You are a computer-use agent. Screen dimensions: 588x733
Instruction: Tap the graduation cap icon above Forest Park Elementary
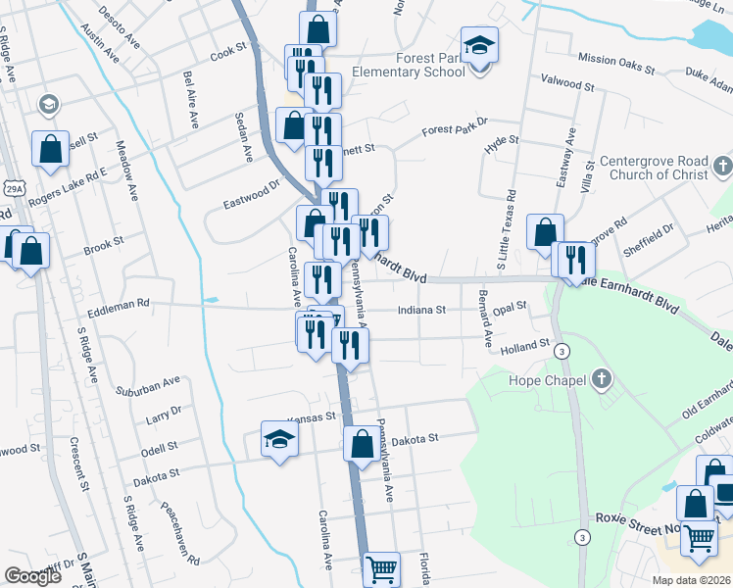coord(480,46)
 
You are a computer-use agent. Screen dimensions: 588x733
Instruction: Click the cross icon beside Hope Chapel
coord(602,379)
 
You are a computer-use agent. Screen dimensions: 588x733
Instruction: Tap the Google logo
coord(32,576)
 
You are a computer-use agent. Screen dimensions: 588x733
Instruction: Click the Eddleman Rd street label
coord(119,305)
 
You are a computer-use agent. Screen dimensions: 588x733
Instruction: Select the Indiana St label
coord(421,310)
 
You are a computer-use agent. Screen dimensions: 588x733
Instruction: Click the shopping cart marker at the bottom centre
coord(381,568)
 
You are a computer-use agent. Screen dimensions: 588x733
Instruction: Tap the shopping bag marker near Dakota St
coord(362,444)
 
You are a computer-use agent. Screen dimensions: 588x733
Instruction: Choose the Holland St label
coord(524,346)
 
